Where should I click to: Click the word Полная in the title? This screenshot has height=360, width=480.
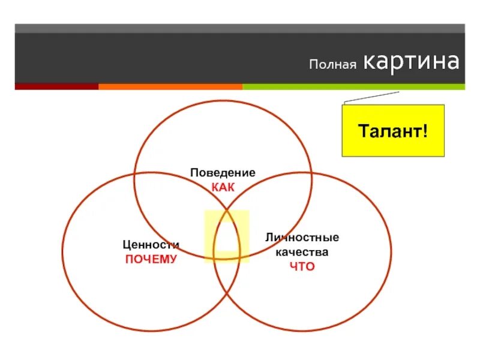pos(333,64)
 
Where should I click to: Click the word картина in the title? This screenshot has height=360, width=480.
pos(412,62)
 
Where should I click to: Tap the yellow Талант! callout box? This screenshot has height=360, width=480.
pos(393,130)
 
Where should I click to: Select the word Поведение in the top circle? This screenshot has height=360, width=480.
pos(223,173)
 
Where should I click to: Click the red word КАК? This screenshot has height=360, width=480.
pos(223,187)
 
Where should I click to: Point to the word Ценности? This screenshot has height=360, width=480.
pos(151,245)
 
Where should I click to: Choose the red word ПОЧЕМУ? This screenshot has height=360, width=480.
pos(151,259)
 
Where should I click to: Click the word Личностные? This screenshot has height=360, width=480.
pos(302,238)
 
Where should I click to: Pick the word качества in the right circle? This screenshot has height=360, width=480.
pos(302,252)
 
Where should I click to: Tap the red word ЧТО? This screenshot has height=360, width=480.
pos(302,266)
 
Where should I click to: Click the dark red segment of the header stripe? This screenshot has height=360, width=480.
pos(56,86)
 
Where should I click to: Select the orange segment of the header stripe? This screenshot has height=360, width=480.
pos(170,86)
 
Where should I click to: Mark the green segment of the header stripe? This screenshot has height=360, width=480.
pos(353,86)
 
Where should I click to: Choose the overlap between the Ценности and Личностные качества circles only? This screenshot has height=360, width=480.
pos(227,282)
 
